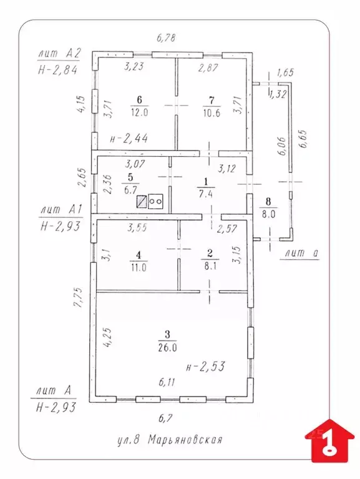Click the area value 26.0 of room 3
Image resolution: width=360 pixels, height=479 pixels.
[x=167, y=347]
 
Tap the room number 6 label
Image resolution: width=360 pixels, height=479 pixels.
[x=140, y=100]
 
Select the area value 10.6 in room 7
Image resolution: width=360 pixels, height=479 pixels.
[x=212, y=113]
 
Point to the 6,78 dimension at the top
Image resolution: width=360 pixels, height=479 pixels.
[x=166, y=38]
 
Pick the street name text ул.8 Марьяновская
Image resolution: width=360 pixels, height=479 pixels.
[x=170, y=440]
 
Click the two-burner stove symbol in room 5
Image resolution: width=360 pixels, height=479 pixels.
[x=155, y=202]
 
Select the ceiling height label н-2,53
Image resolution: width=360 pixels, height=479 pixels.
[x=205, y=366]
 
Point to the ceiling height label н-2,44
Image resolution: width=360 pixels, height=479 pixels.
[x=129, y=139]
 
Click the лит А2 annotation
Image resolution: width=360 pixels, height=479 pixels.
[x=59, y=54]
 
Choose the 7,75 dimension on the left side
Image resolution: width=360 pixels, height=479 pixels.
[x=79, y=297]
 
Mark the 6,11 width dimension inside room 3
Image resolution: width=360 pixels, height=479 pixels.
[x=167, y=382]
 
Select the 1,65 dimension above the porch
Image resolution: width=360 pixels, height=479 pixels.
[x=285, y=72]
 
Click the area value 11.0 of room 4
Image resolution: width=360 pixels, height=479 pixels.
[x=139, y=268]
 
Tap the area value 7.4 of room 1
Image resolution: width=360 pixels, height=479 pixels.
[x=206, y=194]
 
